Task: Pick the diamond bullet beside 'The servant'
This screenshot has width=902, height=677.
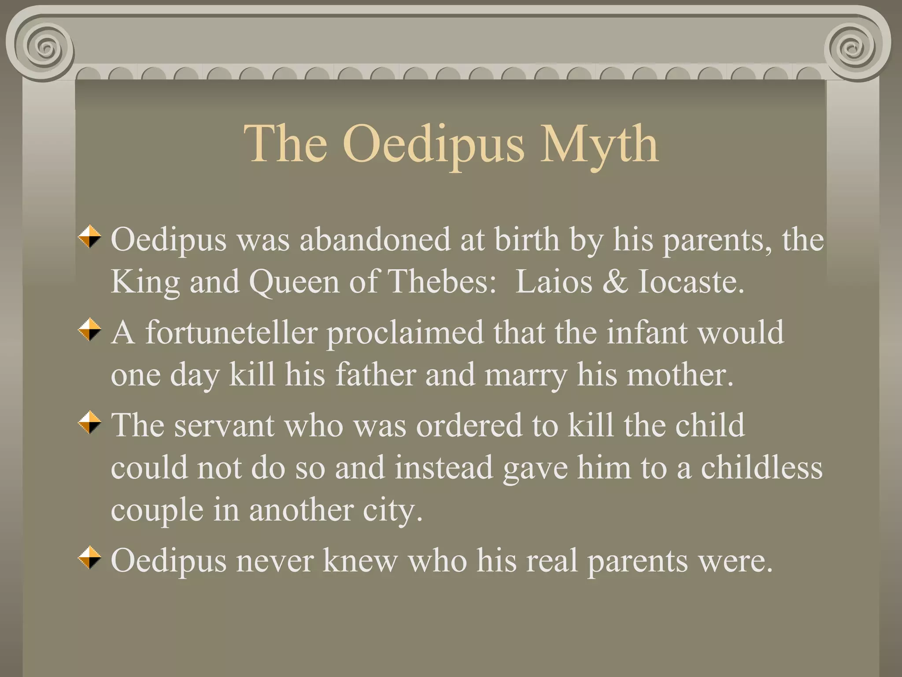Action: click(90, 423)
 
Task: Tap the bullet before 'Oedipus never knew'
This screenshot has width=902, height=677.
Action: click(90, 558)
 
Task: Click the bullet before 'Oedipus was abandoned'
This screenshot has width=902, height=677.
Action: click(90, 237)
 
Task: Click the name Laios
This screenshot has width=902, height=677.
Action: click(554, 282)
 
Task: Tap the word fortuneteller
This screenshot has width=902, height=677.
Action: click(231, 332)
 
